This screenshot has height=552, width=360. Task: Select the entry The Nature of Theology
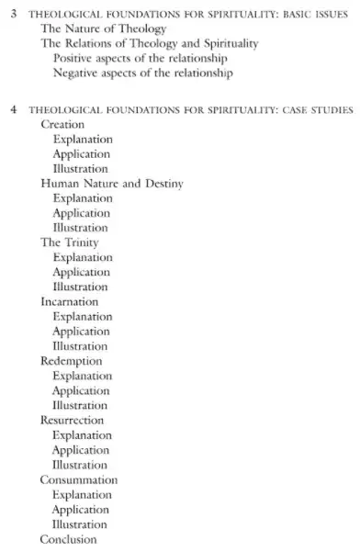click(103, 28)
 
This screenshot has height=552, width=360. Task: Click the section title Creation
click(62, 124)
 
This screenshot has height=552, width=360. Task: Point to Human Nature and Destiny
click(112, 184)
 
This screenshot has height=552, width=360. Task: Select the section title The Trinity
click(69, 242)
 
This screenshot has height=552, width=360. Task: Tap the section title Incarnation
click(69, 301)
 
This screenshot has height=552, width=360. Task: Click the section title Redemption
click(71, 361)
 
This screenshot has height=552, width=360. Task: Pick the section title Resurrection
click(73, 420)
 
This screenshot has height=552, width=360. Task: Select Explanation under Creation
click(82, 139)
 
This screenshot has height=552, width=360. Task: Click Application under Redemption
click(82, 390)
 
